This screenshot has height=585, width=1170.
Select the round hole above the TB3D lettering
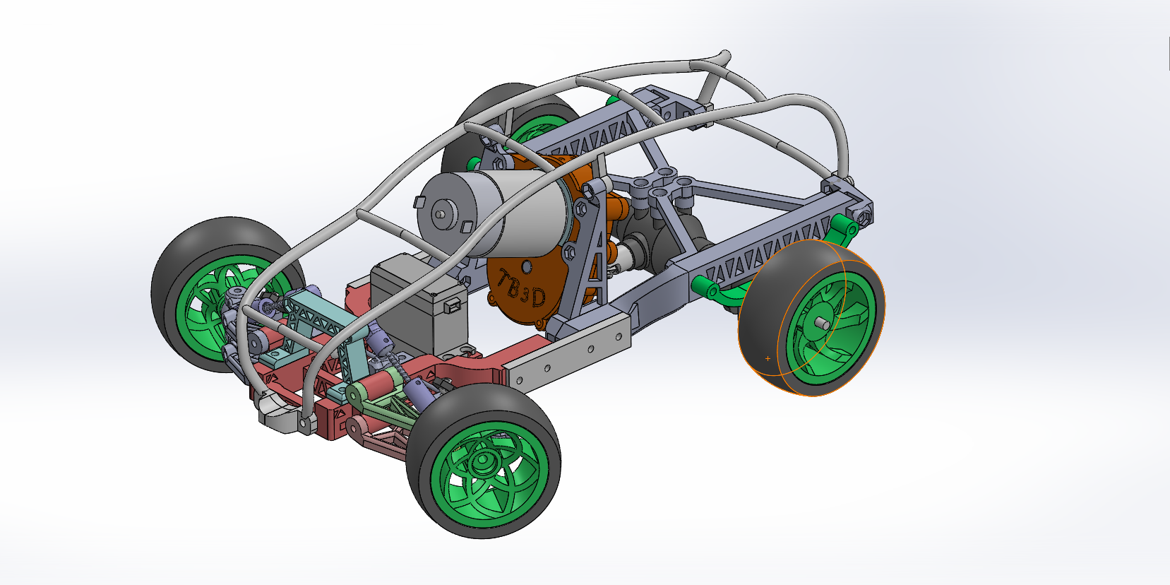(x=527, y=266)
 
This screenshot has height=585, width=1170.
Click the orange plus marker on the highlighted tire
(x=768, y=359)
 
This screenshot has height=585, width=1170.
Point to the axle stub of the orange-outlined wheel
(x=822, y=324)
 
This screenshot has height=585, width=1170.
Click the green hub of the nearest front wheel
(x=483, y=463)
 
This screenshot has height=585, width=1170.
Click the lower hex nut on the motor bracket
(x=569, y=254)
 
